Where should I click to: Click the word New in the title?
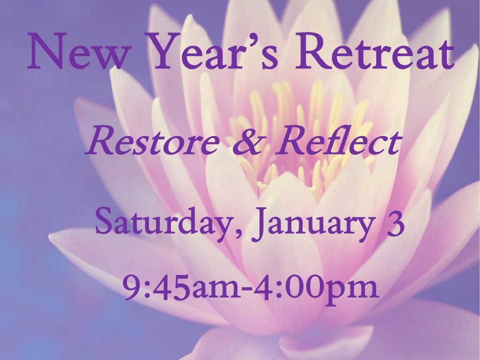pyautogui.click(x=77, y=51)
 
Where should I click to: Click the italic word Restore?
pyautogui.click(x=152, y=142)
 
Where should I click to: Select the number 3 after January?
pyautogui.click(x=396, y=221)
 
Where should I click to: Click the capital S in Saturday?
pyautogui.click(x=104, y=221)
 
